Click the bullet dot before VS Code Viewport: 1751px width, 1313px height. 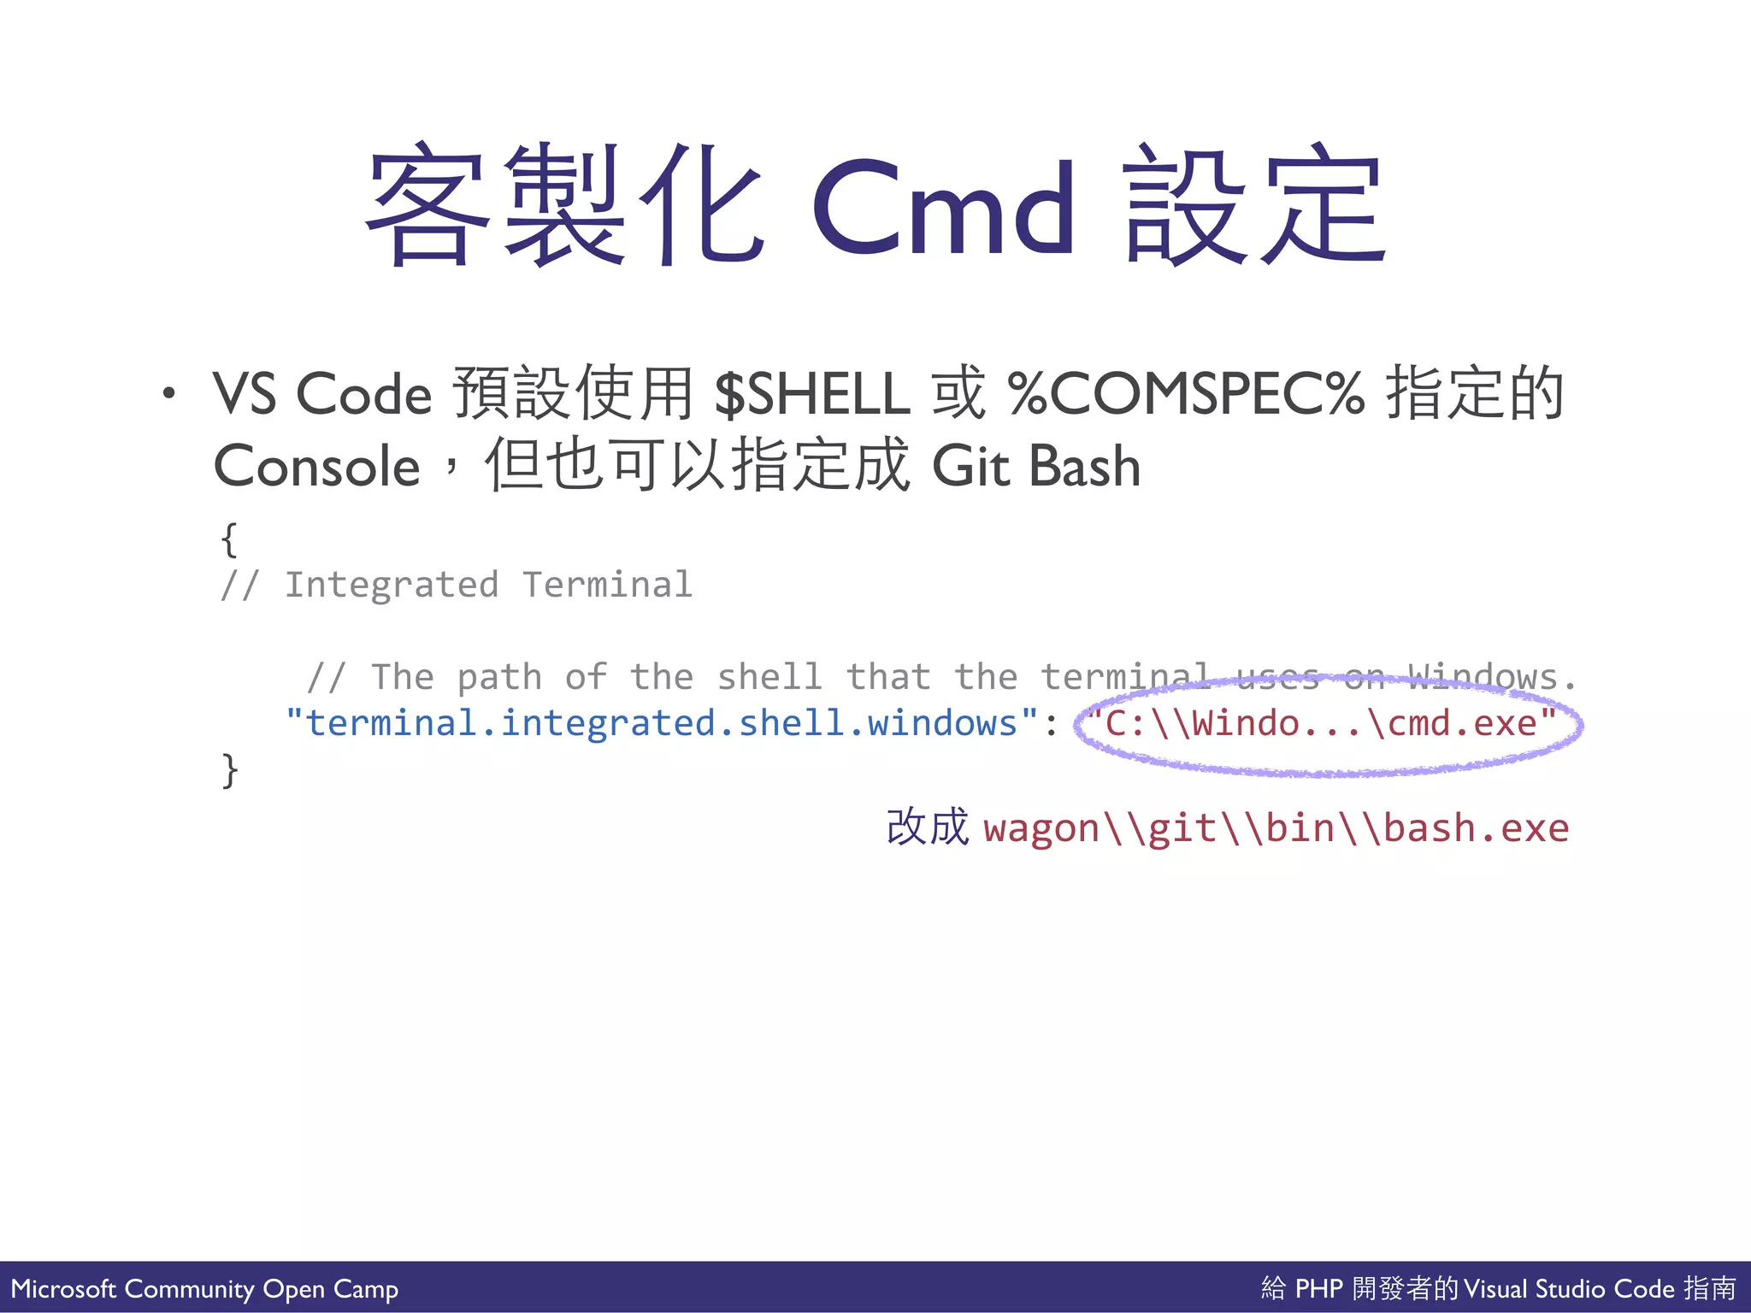click(169, 393)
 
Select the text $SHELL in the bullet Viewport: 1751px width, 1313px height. click(812, 393)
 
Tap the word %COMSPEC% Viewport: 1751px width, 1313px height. click(1186, 393)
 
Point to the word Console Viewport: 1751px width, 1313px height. click(316, 467)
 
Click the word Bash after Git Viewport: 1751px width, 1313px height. click(1084, 467)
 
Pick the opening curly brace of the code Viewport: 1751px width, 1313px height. click(228, 539)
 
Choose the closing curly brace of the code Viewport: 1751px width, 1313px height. click(229, 770)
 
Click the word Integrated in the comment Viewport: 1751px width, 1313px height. click(391, 586)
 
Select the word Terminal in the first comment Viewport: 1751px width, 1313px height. click(607, 586)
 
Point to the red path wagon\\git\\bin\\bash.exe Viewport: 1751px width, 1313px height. click(1276, 828)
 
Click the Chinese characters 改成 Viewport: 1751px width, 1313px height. click(927, 827)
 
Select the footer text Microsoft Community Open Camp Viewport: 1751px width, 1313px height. click(204, 1288)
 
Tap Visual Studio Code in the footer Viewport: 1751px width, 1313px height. click(1568, 1288)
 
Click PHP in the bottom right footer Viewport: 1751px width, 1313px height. click(1319, 1288)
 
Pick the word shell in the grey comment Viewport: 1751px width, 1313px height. click(769, 677)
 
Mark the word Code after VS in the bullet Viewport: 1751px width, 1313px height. click(363, 393)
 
